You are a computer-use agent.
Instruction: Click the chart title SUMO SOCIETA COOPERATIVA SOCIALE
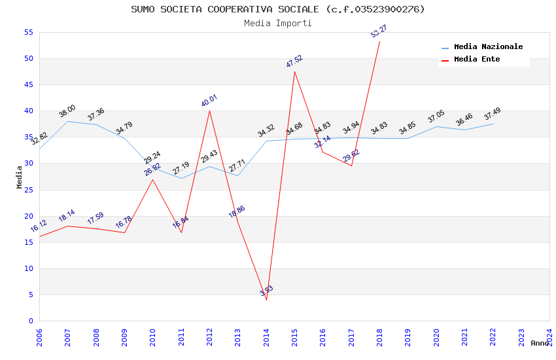pos(277,9)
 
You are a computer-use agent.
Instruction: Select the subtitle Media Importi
pos(277,23)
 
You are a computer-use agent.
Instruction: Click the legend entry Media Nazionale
pos(488,46)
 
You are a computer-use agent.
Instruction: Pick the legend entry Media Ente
pos(477,59)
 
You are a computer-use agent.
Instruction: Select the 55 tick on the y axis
pos(28,32)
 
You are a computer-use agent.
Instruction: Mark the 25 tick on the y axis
pos(28,190)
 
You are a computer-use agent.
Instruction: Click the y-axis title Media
pos(20,177)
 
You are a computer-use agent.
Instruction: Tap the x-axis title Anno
pos(540,343)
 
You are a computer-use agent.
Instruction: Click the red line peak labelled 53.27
pos(379,41)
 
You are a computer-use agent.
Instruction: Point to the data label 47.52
pos(294,62)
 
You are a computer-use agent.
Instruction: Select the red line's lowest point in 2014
pos(266,300)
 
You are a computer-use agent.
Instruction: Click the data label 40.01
pos(209,101)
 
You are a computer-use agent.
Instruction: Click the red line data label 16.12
pos(39,226)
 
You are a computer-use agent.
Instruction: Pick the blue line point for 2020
pos(436,126)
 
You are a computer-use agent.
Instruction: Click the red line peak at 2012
pos(209,111)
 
